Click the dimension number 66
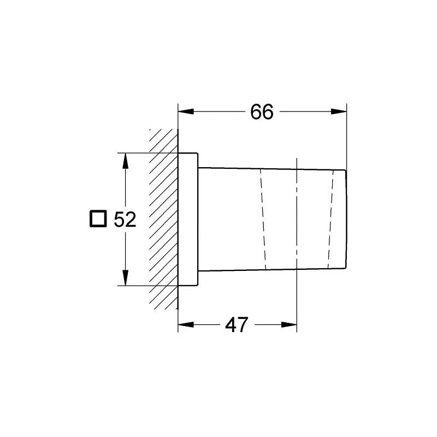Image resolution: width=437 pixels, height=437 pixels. coord(262,112)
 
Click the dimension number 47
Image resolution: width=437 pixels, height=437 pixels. coord(237,324)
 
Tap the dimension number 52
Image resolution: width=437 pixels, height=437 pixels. coord(125,220)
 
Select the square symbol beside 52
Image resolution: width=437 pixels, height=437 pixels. coord(98,219)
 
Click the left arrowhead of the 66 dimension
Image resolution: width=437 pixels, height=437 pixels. coord(186,111)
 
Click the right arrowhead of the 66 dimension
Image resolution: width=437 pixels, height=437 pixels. coord(339,111)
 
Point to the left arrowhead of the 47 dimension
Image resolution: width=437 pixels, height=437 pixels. coord(186,324)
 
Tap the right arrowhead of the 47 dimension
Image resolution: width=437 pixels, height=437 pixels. coord(289,324)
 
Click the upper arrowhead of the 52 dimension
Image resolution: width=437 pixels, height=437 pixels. coord(126,161)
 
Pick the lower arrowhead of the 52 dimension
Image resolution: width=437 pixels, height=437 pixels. coord(126,278)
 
